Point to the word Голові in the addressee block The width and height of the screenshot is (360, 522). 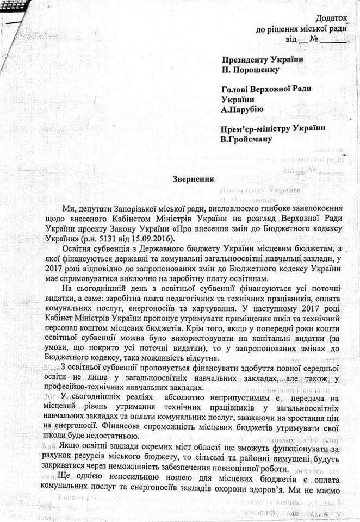pos(235,89)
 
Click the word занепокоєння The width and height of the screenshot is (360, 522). pos(309,208)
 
